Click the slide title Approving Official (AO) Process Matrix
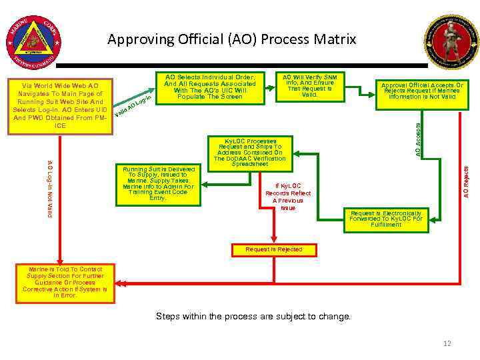231,39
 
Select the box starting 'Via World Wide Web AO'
60,105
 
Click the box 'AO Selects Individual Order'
210,87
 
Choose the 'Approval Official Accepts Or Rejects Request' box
422,91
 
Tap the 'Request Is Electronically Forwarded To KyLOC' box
386,219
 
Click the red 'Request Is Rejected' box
273,250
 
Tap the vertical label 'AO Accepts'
418,136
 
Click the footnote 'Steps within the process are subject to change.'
253,316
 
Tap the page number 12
447,343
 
